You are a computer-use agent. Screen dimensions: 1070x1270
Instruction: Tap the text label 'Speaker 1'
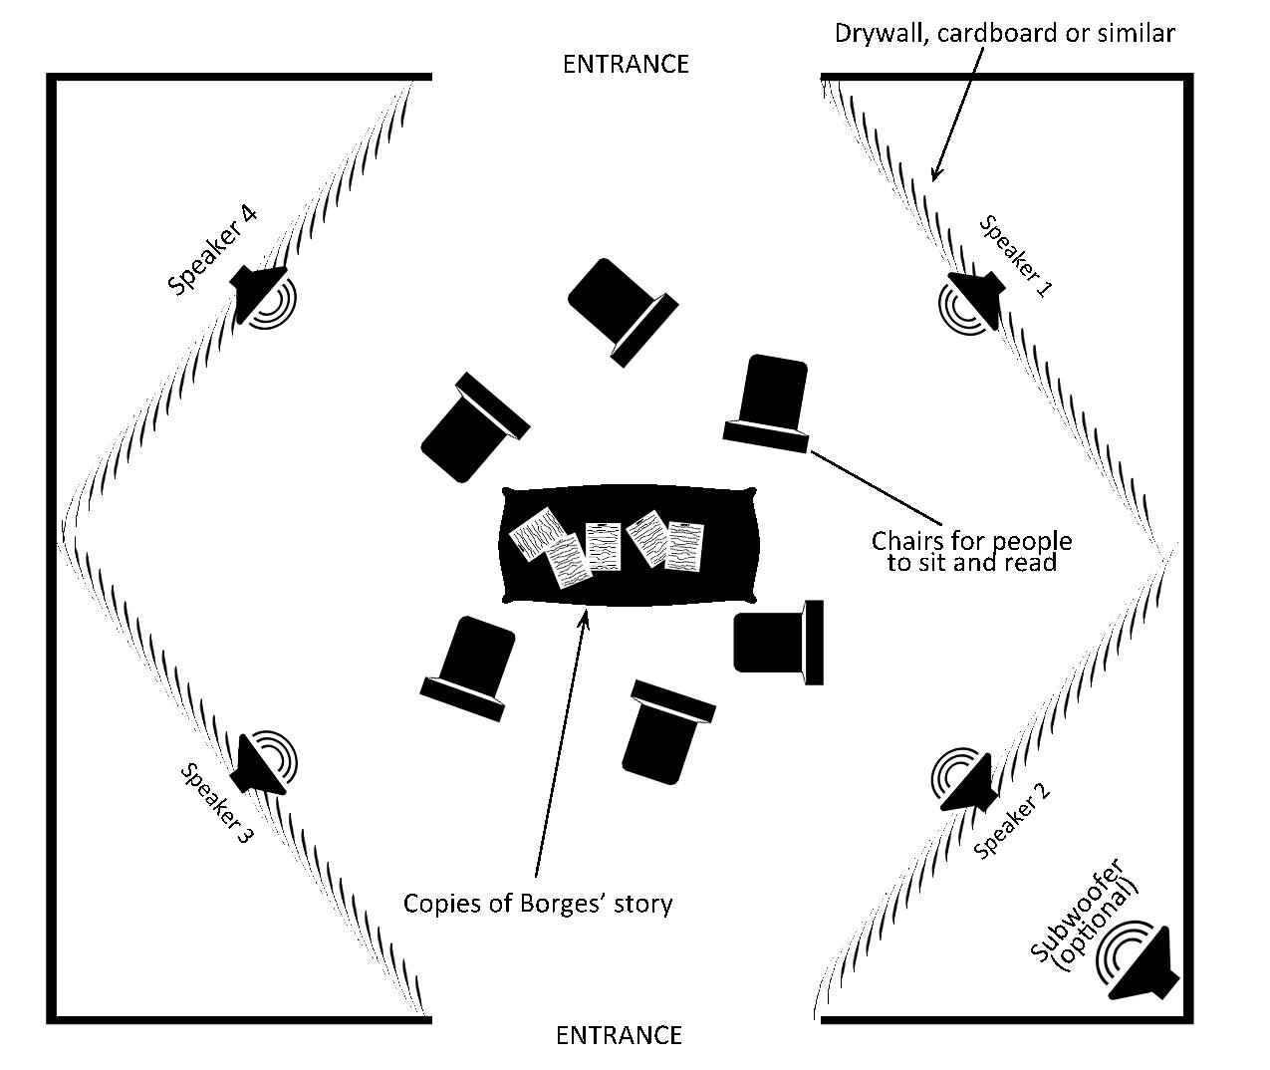coord(1015,256)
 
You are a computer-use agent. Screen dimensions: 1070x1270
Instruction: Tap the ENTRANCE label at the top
coord(626,64)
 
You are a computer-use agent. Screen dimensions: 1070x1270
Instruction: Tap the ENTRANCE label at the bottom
coord(619,1035)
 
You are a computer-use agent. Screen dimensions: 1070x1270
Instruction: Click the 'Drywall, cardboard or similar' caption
coord(1004,33)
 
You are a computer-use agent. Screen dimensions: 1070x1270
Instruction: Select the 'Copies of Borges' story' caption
coord(538,904)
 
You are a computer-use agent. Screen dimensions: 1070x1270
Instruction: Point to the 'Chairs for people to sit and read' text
coord(971,551)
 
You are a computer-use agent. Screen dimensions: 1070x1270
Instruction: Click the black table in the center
coord(629,546)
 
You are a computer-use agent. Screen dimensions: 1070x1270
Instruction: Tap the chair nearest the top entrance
coord(620,309)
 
